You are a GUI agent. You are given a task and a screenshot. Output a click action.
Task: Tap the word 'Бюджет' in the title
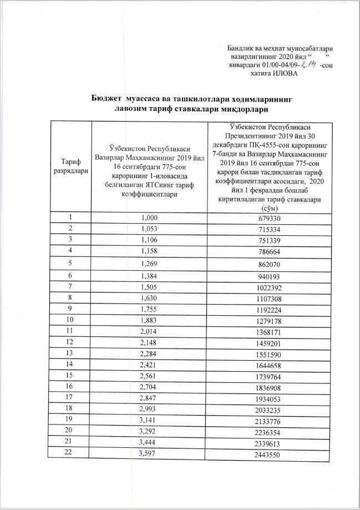point(107,98)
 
